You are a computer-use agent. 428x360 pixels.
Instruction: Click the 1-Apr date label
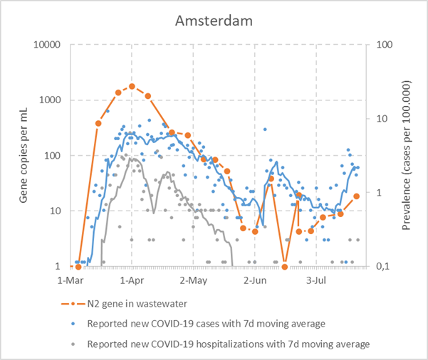click(132, 280)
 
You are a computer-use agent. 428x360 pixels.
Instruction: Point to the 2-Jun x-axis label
click(254, 280)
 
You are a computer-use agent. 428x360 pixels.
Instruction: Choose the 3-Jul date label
click(315, 280)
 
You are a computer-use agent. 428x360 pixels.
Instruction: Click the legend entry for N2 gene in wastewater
click(137, 304)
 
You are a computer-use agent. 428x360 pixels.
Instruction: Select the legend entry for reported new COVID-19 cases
click(206, 324)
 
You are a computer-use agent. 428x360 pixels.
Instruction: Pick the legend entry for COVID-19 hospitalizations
click(228, 344)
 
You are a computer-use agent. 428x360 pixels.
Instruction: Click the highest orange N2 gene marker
click(132, 86)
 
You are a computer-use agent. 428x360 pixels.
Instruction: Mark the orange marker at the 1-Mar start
click(78, 267)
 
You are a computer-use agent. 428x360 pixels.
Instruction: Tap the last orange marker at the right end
click(357, 196)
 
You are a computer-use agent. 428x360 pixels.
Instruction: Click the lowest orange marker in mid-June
click(284, 267)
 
